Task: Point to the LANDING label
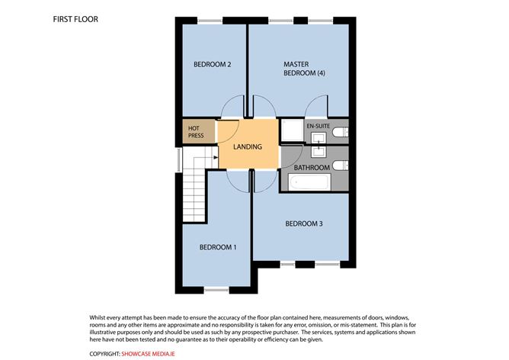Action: click(x=248, y=146)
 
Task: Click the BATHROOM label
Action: click(x=312, y=167)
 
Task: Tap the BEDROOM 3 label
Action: click(x=304, y=223)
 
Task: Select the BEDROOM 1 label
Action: click(x=218, y=247)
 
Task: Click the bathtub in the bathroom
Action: click(x=309, y=182)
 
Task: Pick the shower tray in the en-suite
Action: click(x=290, y=132)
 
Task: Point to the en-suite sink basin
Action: click(x=317, y=137)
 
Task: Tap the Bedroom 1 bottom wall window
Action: click(x=216, y=288)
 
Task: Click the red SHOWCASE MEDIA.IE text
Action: click(x=152, y=354)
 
